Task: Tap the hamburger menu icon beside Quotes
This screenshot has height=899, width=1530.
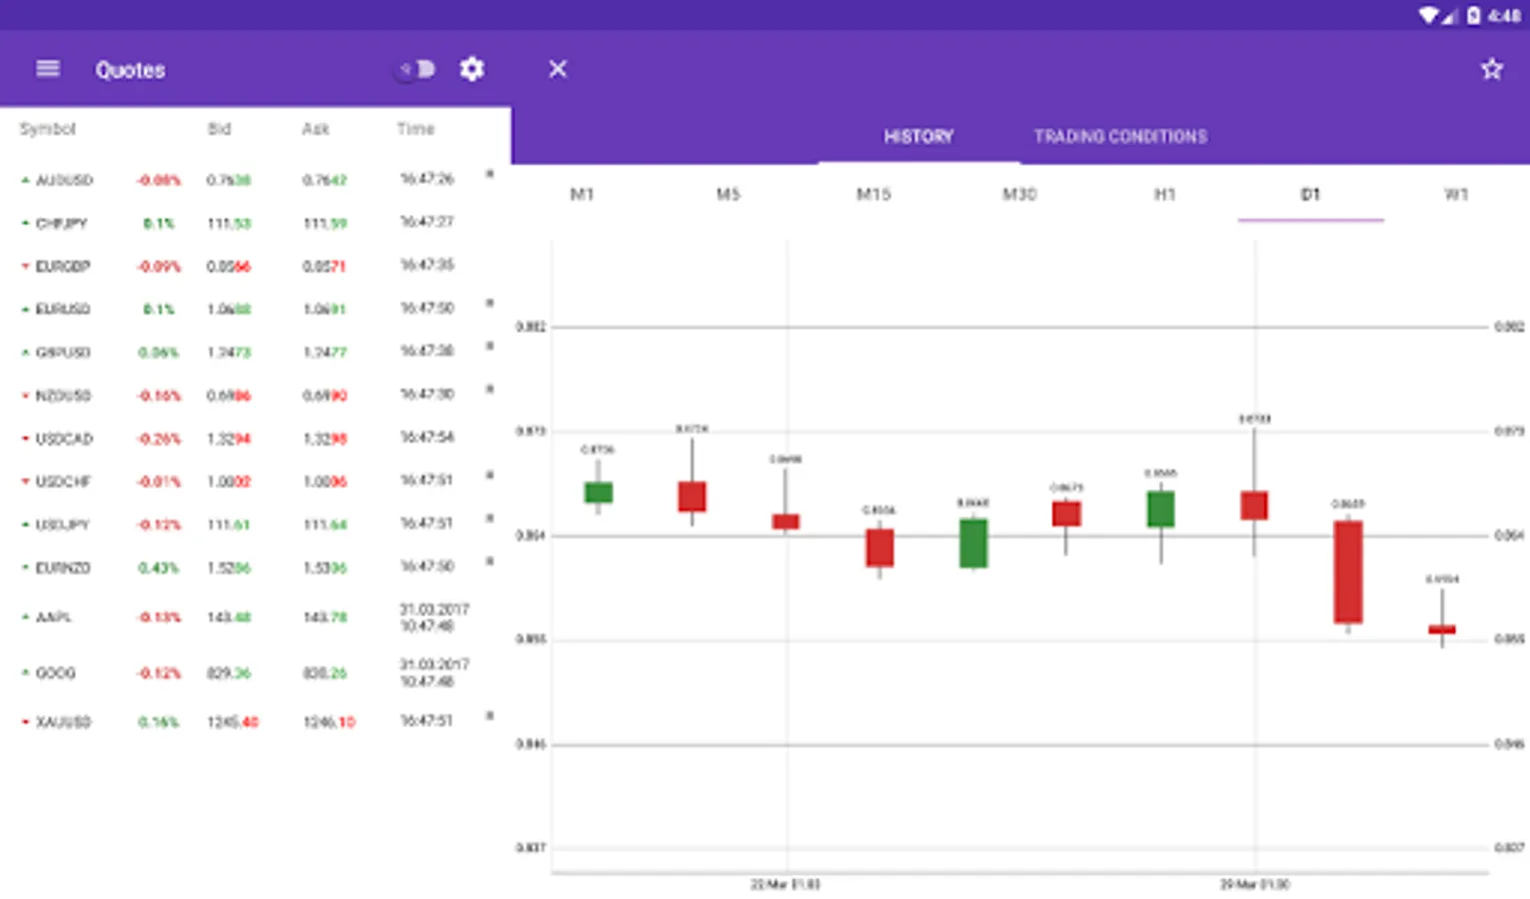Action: click(48, 69)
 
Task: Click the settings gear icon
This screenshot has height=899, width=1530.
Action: click(472, 69)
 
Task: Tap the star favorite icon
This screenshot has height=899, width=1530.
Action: click(1491, 69)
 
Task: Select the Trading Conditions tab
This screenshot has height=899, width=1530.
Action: click(1120, 137)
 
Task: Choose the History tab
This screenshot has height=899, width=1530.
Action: click(918, 137)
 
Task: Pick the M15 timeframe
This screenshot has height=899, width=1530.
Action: click(873, 195)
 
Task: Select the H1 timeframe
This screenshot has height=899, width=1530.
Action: click(1164, 195)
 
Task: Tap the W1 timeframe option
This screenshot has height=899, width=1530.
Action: click(1456, 195)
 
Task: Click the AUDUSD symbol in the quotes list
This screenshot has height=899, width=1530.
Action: click(64, 181)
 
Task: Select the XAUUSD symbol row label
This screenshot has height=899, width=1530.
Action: click(63, 722)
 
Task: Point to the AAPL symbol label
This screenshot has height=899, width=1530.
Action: click(54, 617)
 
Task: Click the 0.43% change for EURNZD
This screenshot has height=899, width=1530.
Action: click(158, 568)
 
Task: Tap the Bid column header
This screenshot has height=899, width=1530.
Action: click(219, 129)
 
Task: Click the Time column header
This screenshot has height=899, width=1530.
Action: click(416, 129)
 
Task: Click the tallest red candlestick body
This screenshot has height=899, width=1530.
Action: click(1348, 571)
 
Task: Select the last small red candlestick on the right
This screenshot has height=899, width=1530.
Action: click(1442, 629)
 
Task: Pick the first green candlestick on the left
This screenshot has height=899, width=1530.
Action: click(599, 492)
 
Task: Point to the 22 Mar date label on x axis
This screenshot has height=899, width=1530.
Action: click(785, 884)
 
